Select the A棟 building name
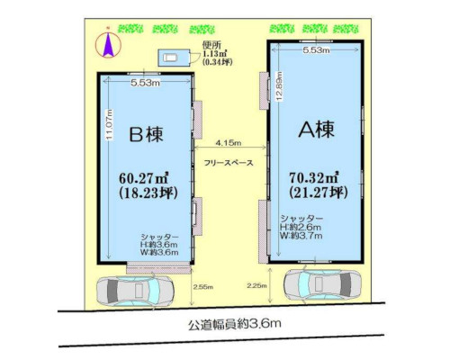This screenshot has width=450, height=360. click(315, 130)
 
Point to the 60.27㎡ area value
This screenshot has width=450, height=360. click(145, 177)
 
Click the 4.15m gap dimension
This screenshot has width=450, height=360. click(229, 143)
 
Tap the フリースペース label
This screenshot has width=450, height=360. click(229, 163)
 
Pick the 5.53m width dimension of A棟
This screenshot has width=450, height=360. click(314, 50)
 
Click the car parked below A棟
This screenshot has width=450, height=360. click(322, 284)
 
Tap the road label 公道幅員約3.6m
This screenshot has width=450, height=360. click(235, 323)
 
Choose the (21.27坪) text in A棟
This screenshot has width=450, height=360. click(314, 191)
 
